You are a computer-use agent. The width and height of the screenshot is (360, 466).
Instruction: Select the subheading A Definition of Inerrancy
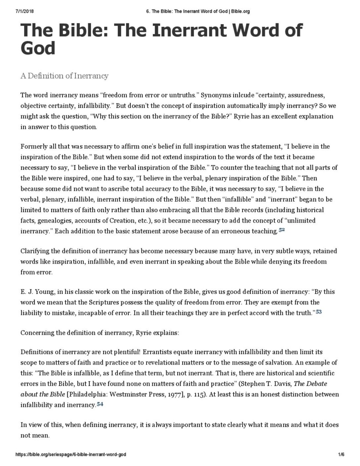pos(64,76)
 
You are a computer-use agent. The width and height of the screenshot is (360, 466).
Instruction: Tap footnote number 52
pos(282,230)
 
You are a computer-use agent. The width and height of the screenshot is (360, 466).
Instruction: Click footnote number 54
pos(100,404)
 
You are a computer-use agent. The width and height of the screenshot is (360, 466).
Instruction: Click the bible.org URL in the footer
pos(71,455)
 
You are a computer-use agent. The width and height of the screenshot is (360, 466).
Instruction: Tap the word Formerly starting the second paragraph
pos(35,147)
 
